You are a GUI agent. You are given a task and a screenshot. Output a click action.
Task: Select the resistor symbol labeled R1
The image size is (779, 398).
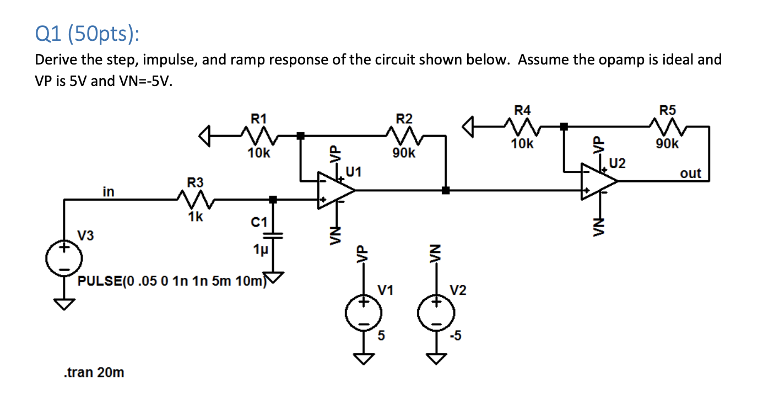(257, 135)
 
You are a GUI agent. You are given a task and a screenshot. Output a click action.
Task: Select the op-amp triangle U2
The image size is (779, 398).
(598, 181)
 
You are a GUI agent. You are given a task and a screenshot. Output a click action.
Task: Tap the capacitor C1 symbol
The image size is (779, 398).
(273, 236)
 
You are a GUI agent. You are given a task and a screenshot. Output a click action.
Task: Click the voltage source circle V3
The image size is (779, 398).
(64, 258)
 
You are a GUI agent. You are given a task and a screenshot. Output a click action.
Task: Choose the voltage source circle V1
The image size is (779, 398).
(363, 313)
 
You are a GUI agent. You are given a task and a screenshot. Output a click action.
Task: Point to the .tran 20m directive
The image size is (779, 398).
(94, 373)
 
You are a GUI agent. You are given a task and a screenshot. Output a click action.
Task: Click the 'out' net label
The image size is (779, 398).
(690, 174)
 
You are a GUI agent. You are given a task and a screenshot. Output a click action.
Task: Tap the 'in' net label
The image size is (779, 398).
(109, 191)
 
